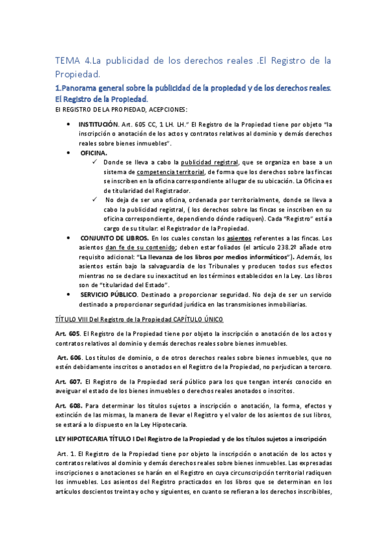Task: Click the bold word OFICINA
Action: pos(94,152)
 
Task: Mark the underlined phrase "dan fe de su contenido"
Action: pos(140,248)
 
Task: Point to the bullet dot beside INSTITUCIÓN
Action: pos(68,123)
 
